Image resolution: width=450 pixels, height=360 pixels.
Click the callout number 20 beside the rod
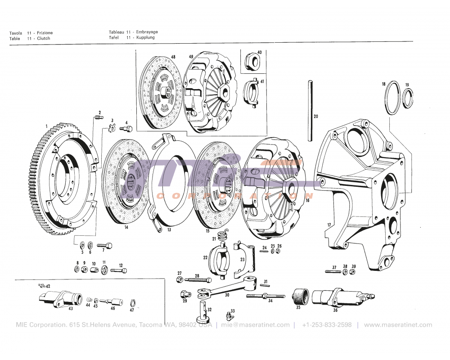tap(316, 117)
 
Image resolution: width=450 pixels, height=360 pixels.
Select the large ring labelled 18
tap(391, 99)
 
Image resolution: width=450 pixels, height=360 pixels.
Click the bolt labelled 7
tap(106, 246)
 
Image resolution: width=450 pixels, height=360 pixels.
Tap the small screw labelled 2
tap(97, 118)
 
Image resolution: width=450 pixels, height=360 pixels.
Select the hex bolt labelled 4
tap(126, 129)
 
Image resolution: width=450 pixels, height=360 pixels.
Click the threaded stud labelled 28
tap(198, 280)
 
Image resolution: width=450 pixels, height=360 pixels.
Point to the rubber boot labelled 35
tap(300, 297)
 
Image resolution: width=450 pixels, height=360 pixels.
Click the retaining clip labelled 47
tap(132, 302)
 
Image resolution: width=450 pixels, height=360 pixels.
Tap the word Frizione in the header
tap(45, 33)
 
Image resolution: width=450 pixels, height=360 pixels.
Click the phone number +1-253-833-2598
tap(327, 325)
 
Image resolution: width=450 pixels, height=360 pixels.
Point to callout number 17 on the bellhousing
tap(329, 224)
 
